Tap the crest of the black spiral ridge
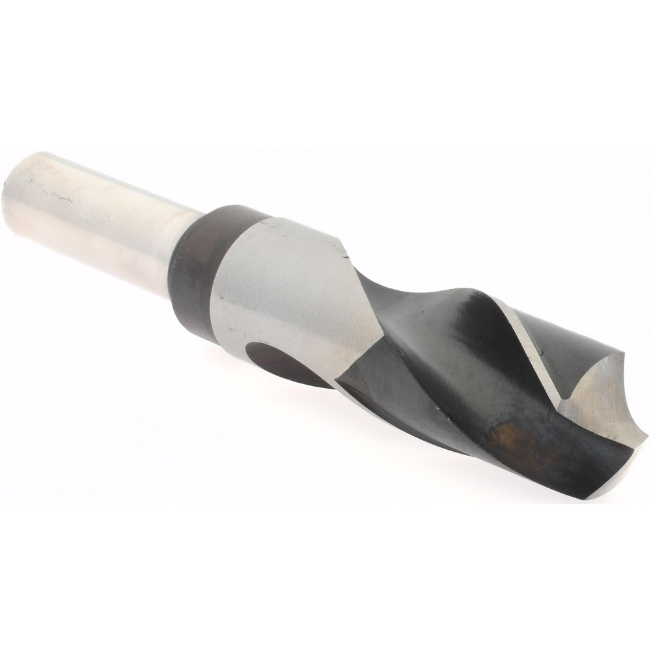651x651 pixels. coord(482,306)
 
